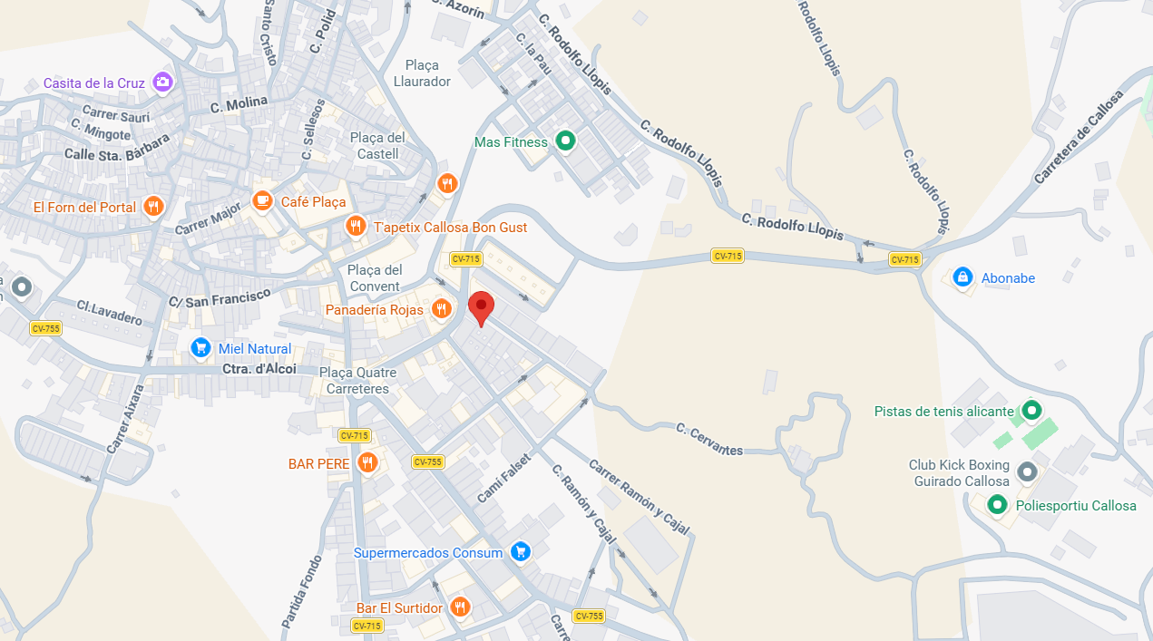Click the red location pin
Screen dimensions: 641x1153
coord(480,307)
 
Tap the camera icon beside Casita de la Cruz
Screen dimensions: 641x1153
coord(162,83)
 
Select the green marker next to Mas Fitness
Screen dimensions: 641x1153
coord(566,141)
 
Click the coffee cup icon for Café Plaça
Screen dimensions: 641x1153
coord(263,201)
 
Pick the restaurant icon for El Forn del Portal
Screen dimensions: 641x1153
coord(153,207)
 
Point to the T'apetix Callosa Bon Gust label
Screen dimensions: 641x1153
coord(450,227)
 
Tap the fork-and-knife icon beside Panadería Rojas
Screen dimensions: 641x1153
coord(442,310)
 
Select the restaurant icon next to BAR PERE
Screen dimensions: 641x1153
coord(366,463)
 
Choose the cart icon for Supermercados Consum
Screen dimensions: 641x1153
coord(520,552)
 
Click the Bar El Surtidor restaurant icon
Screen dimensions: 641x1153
coord(460,607)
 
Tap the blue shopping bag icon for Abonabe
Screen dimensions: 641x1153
coord(962,277)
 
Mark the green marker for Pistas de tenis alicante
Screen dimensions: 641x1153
coord(1031,411)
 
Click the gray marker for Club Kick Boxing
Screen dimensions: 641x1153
coord(1027,472)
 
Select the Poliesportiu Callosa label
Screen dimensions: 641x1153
coord(1076,506)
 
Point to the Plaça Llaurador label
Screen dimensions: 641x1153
coord(422,73)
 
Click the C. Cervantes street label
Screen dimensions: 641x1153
coord(709,439)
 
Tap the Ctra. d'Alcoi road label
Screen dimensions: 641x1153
coord(259,369)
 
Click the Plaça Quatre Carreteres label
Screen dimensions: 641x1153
coord(357,381)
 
